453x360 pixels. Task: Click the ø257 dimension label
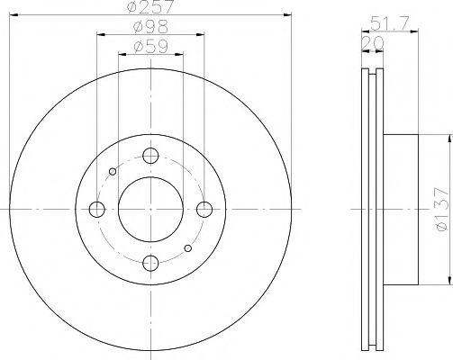coord(150,6)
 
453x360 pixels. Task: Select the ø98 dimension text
coord(150,27)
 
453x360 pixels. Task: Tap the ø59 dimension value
coord(150,47)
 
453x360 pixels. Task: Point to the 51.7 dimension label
coord(389,22)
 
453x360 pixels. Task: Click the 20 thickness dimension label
coord(373,43)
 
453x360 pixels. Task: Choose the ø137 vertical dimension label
coord(442,210)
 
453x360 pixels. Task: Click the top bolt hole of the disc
coord(150,156)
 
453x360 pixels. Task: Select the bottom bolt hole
coord(150,264)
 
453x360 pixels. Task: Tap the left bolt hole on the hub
coord(97,209)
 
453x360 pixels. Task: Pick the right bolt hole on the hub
coord(204,209)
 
